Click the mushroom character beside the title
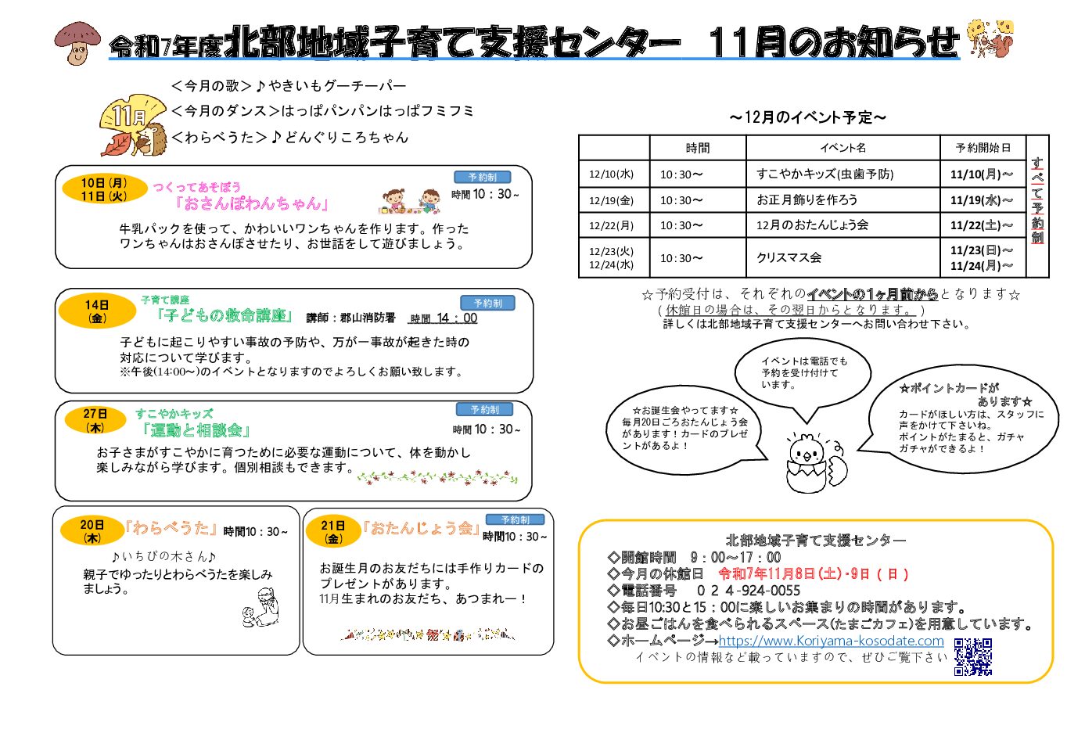click(77, 42)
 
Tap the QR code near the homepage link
click(972, 656)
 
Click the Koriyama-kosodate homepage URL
click(831, 641)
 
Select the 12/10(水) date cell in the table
click(613, 174)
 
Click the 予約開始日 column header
click(983, 148)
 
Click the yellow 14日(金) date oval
click(98, 311)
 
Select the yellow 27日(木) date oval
click(95, 420)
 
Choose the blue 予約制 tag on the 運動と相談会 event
click(484, 409)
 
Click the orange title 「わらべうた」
click(171, 528)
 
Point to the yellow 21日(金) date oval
click(333, 531)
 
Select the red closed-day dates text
click(813, 573)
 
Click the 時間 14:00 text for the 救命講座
click(444, 318)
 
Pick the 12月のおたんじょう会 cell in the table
click(812, 225)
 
